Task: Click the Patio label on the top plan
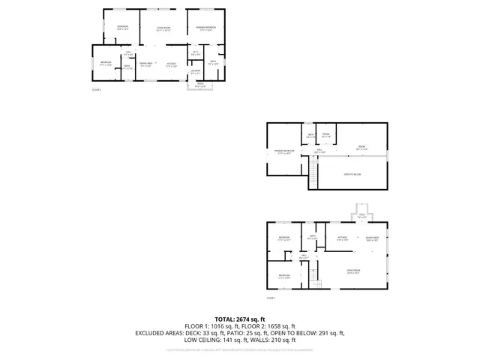click(200, 84)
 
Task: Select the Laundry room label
click(195, 73)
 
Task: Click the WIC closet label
click(195, 54)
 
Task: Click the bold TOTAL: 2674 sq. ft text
click(240, 319)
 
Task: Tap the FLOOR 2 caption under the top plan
click(96, 89)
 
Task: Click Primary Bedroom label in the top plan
click(206, 28)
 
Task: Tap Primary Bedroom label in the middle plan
click(283, 152)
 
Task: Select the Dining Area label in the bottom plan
click(372, 239)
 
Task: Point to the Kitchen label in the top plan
click(171, 64)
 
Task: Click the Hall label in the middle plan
click(319, 151)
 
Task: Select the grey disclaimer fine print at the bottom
click(240, 349)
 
